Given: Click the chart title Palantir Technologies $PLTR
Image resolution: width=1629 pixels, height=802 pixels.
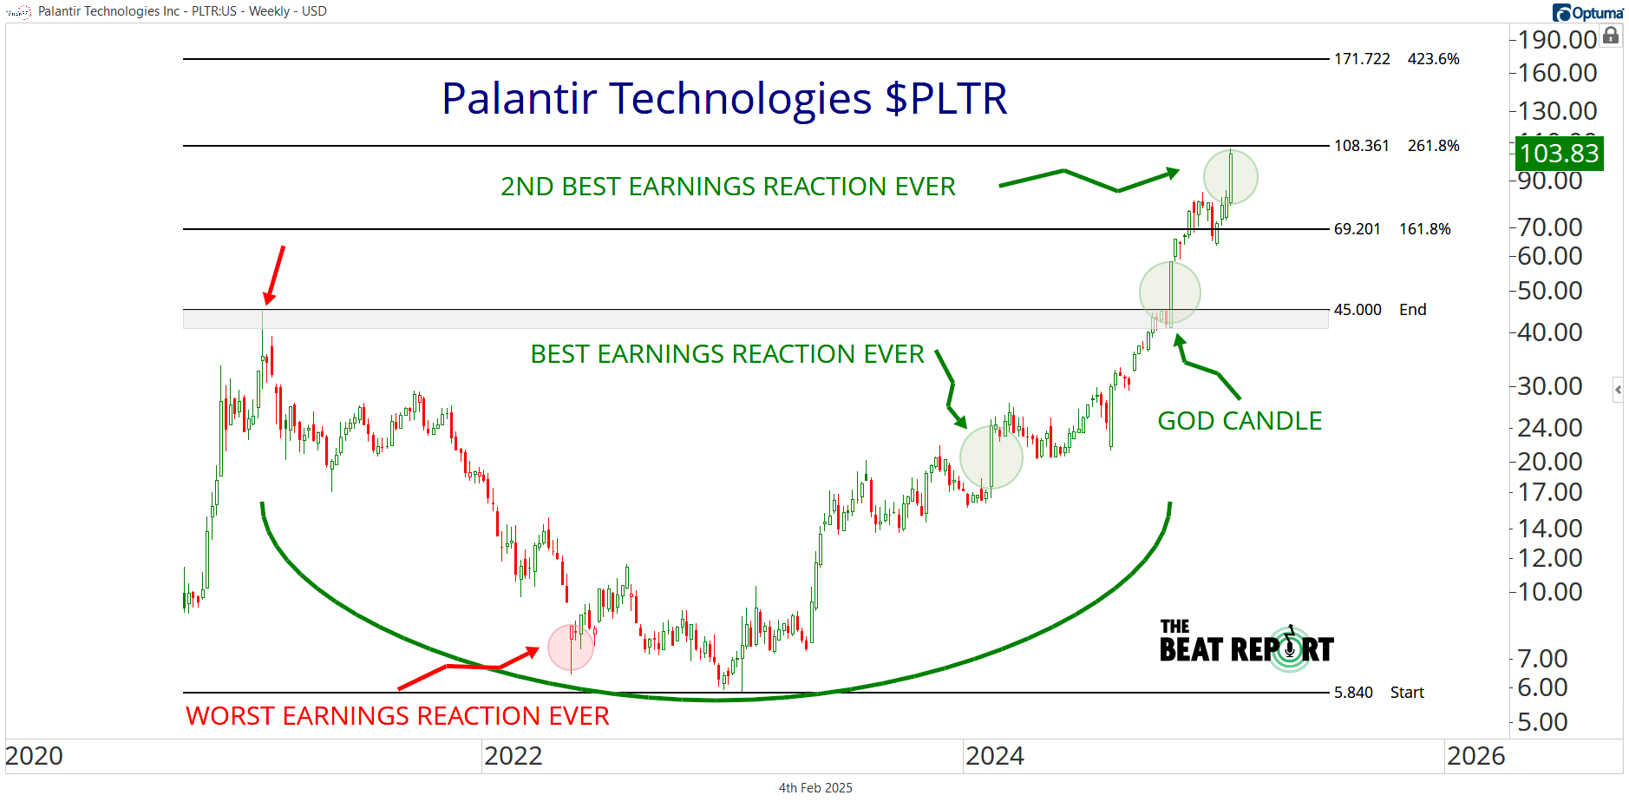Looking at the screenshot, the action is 724,99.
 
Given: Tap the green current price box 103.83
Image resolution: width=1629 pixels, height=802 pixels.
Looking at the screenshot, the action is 1560,154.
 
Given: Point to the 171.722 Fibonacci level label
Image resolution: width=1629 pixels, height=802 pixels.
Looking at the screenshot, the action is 1362,59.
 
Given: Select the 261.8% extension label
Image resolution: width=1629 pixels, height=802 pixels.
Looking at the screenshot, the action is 1434,146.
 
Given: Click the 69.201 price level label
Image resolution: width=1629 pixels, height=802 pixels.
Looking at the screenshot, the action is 1357,229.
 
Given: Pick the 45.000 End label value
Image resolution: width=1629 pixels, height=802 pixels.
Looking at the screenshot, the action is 1357,310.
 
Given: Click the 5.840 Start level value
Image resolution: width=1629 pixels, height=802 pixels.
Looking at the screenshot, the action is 1353,693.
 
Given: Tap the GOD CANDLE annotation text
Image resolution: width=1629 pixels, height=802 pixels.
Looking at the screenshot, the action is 1240,421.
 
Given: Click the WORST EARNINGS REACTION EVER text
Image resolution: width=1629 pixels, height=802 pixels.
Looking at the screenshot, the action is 397,716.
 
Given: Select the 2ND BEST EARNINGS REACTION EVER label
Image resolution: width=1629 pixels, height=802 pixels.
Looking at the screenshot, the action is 728,187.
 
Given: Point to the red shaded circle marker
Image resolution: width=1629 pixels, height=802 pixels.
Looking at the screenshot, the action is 571,647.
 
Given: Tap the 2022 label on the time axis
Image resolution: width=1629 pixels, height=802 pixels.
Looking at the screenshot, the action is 514,756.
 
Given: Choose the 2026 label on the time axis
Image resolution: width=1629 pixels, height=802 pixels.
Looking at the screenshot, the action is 1476,756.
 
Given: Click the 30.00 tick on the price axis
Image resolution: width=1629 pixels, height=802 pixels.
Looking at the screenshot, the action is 1550,386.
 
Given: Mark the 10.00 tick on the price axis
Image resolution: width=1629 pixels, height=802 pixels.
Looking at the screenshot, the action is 1550,592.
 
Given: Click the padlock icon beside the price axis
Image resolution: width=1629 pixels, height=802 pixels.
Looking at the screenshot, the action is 1611,36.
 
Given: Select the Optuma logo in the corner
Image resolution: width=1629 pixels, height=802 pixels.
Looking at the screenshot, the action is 1588,12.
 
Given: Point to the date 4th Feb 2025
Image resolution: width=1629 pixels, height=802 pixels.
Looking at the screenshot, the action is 815,788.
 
